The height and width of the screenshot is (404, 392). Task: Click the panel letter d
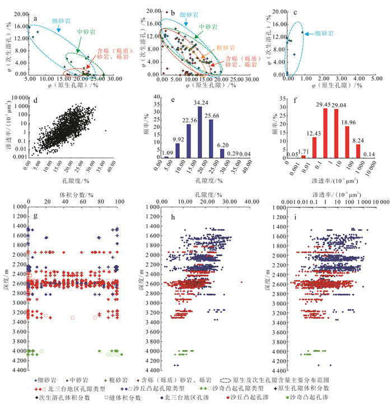35,101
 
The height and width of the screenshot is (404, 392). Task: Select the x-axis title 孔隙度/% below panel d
73,182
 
